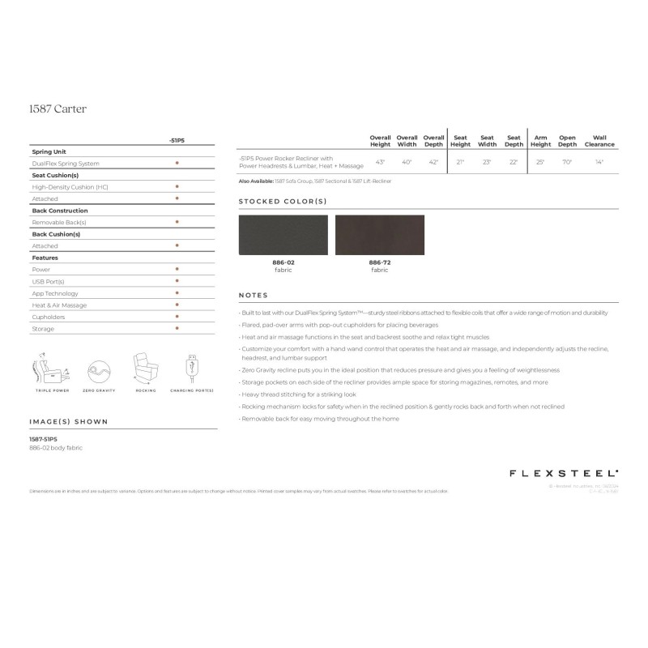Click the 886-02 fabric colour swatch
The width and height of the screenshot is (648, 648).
click(x=283, y=235)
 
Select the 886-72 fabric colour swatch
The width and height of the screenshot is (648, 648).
click(x=379, y=235)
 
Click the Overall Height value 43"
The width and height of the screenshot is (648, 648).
click(x=380, y=162)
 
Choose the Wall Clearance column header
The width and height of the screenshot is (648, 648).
click(x=599, y=141)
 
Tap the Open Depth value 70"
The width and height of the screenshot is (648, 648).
click(x=567, y=162)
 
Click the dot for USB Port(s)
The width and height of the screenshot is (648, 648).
click(x=177, y=281)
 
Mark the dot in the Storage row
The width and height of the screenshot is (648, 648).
click(x=177, y=329)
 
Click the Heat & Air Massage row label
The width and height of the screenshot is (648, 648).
click(x=59, y=305)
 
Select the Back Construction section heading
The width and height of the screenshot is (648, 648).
click(x=59, y=210)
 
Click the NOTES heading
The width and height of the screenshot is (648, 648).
click(x=253, y=295)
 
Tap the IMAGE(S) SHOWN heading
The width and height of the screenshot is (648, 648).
click(x=68, y=421)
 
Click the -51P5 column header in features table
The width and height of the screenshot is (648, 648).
click(x=177, y=140)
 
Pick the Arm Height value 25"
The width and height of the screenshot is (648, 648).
click(x=540, y=162)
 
